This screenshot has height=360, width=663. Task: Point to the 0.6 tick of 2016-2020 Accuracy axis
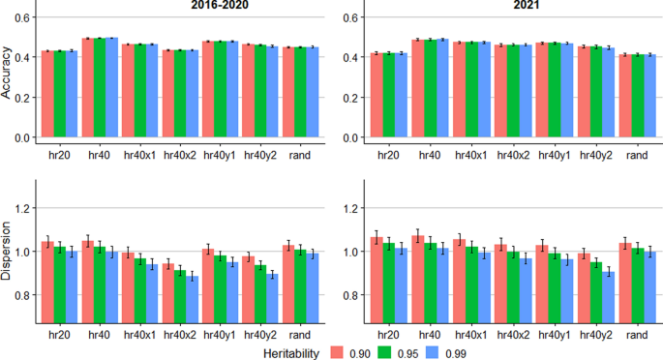coord(26,17)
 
